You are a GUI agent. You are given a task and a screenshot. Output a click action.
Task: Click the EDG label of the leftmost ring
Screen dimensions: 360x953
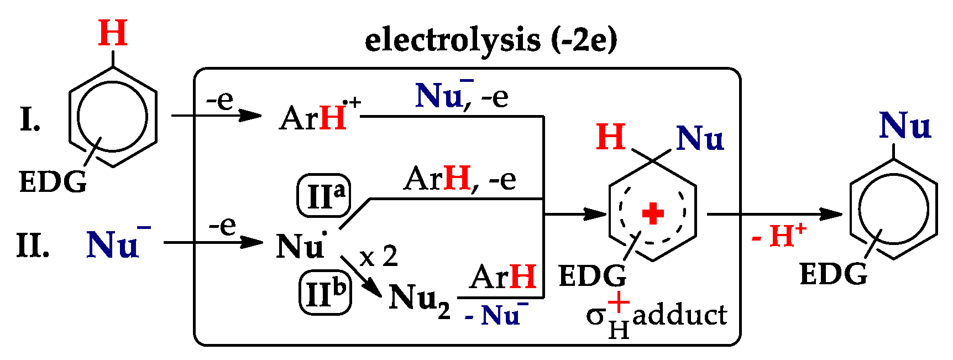tap(53, 182)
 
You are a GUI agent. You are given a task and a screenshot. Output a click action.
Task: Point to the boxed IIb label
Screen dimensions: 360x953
tap(326, 293)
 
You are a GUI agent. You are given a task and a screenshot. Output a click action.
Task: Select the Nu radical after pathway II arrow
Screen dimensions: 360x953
tap(301, 245)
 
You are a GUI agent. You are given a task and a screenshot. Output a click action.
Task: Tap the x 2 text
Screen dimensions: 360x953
tap(379, 257)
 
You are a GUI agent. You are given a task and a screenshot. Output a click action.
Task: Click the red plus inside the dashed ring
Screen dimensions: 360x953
tap(652, 213)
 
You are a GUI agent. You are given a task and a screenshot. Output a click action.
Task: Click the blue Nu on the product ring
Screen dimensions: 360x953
tap(905, 126)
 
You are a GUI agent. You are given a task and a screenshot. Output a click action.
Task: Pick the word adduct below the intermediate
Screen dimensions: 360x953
tap(679, 316)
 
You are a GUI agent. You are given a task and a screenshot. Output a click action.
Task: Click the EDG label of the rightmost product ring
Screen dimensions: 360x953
tap(834, 274)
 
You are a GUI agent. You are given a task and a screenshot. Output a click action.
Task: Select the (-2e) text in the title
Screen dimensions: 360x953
tap(584, 41)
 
